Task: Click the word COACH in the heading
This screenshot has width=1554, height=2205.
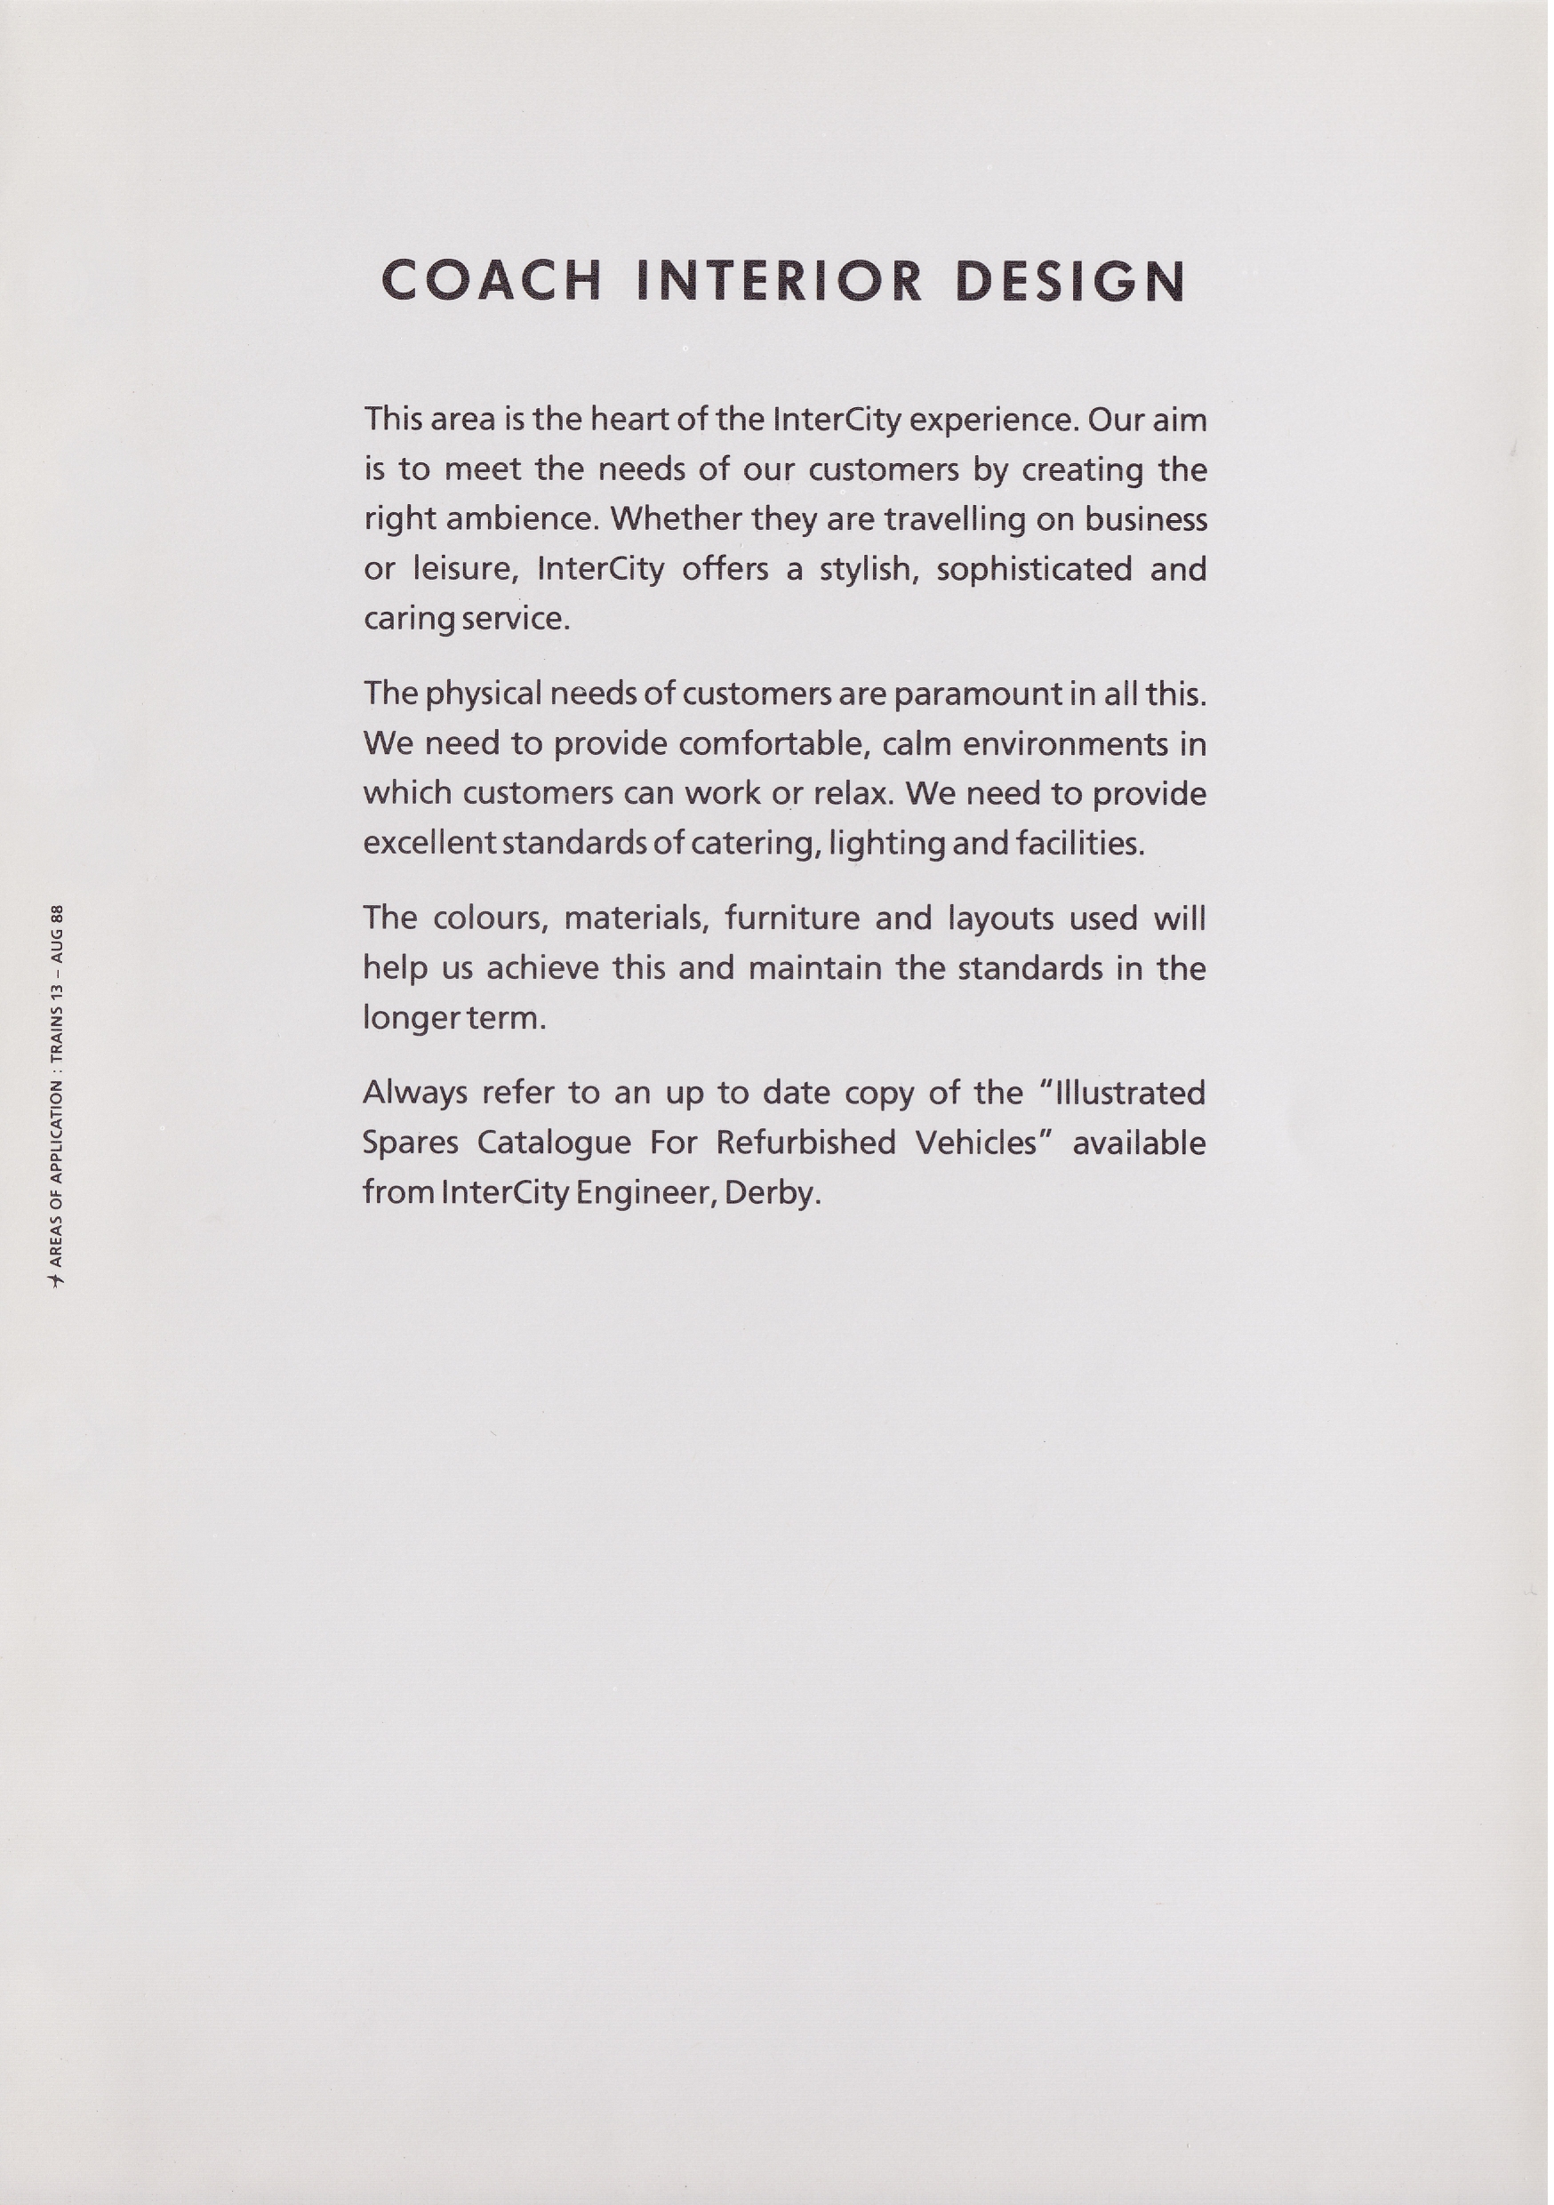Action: click(492, 280)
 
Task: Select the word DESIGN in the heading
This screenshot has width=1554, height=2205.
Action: click(1071, 280)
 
